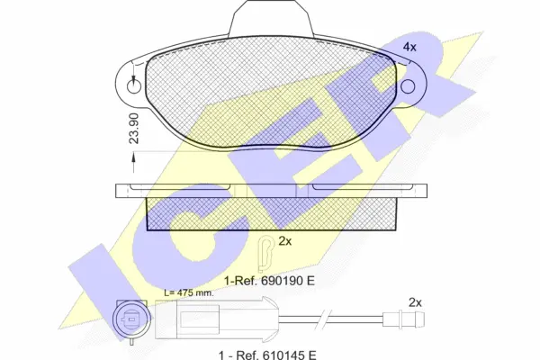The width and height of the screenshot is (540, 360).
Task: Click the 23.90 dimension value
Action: (x=134, y=128)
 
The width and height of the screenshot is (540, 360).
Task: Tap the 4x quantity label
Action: (x=409, y=47)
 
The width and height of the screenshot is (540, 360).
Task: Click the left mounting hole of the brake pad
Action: (x=134, y=86)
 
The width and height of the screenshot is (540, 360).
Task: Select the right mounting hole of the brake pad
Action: (x=408, y=86)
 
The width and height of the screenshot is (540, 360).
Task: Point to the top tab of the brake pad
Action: (x=272, y=17)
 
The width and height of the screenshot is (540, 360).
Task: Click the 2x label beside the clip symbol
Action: (x=284, y=241)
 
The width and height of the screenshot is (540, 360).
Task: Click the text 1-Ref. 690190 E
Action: (x=269, y=281)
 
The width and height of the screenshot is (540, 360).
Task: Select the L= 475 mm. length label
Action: (x=189, y=293)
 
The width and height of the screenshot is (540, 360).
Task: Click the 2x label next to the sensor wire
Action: (x=415, y=302)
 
